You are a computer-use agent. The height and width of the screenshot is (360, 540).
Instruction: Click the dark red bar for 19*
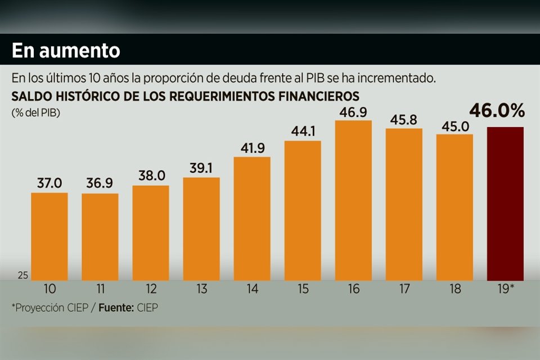click(x=505, y=204)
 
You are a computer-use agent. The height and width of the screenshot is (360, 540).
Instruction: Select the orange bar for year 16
click(x=353, y=200)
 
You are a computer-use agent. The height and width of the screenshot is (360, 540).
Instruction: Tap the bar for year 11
click(x=100, y=237)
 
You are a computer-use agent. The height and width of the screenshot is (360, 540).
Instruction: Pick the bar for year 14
click(x=252, y=218)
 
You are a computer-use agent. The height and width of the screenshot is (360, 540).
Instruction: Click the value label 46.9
click(x=353, y=111)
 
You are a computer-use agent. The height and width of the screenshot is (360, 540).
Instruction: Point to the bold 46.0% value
click(x=497, y=111)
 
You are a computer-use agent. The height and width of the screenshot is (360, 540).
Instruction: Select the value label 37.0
click(x=49, y=183)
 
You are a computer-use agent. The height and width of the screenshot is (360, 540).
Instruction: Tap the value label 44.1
click(x=303, y=131)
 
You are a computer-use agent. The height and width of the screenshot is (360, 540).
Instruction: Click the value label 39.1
click(x=201, y=168)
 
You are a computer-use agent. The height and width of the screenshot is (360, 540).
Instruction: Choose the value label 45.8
click(x=404, y=119)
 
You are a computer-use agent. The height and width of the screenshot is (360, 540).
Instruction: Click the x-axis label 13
click(x=201, y=289)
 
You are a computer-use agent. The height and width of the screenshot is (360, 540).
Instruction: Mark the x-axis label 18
click(x=454, y=289)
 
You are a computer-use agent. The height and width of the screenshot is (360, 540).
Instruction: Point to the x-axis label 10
click(x=49, y=289)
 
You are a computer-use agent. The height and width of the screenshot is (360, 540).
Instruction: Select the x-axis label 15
click(x=303, y=289)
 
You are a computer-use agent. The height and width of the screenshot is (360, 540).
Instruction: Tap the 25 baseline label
click(x=22, y=276)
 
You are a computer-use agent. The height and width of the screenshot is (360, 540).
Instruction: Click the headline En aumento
click(x=66, y=51)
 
